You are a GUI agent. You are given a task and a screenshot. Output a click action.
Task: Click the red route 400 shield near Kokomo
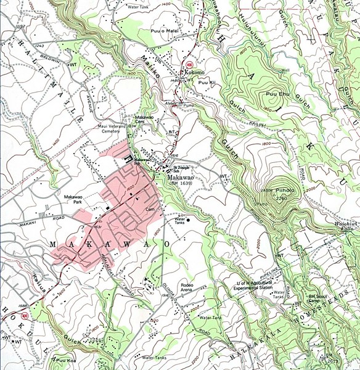click(189, 64)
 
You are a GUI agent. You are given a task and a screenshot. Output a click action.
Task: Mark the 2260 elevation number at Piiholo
click(282, 199)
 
